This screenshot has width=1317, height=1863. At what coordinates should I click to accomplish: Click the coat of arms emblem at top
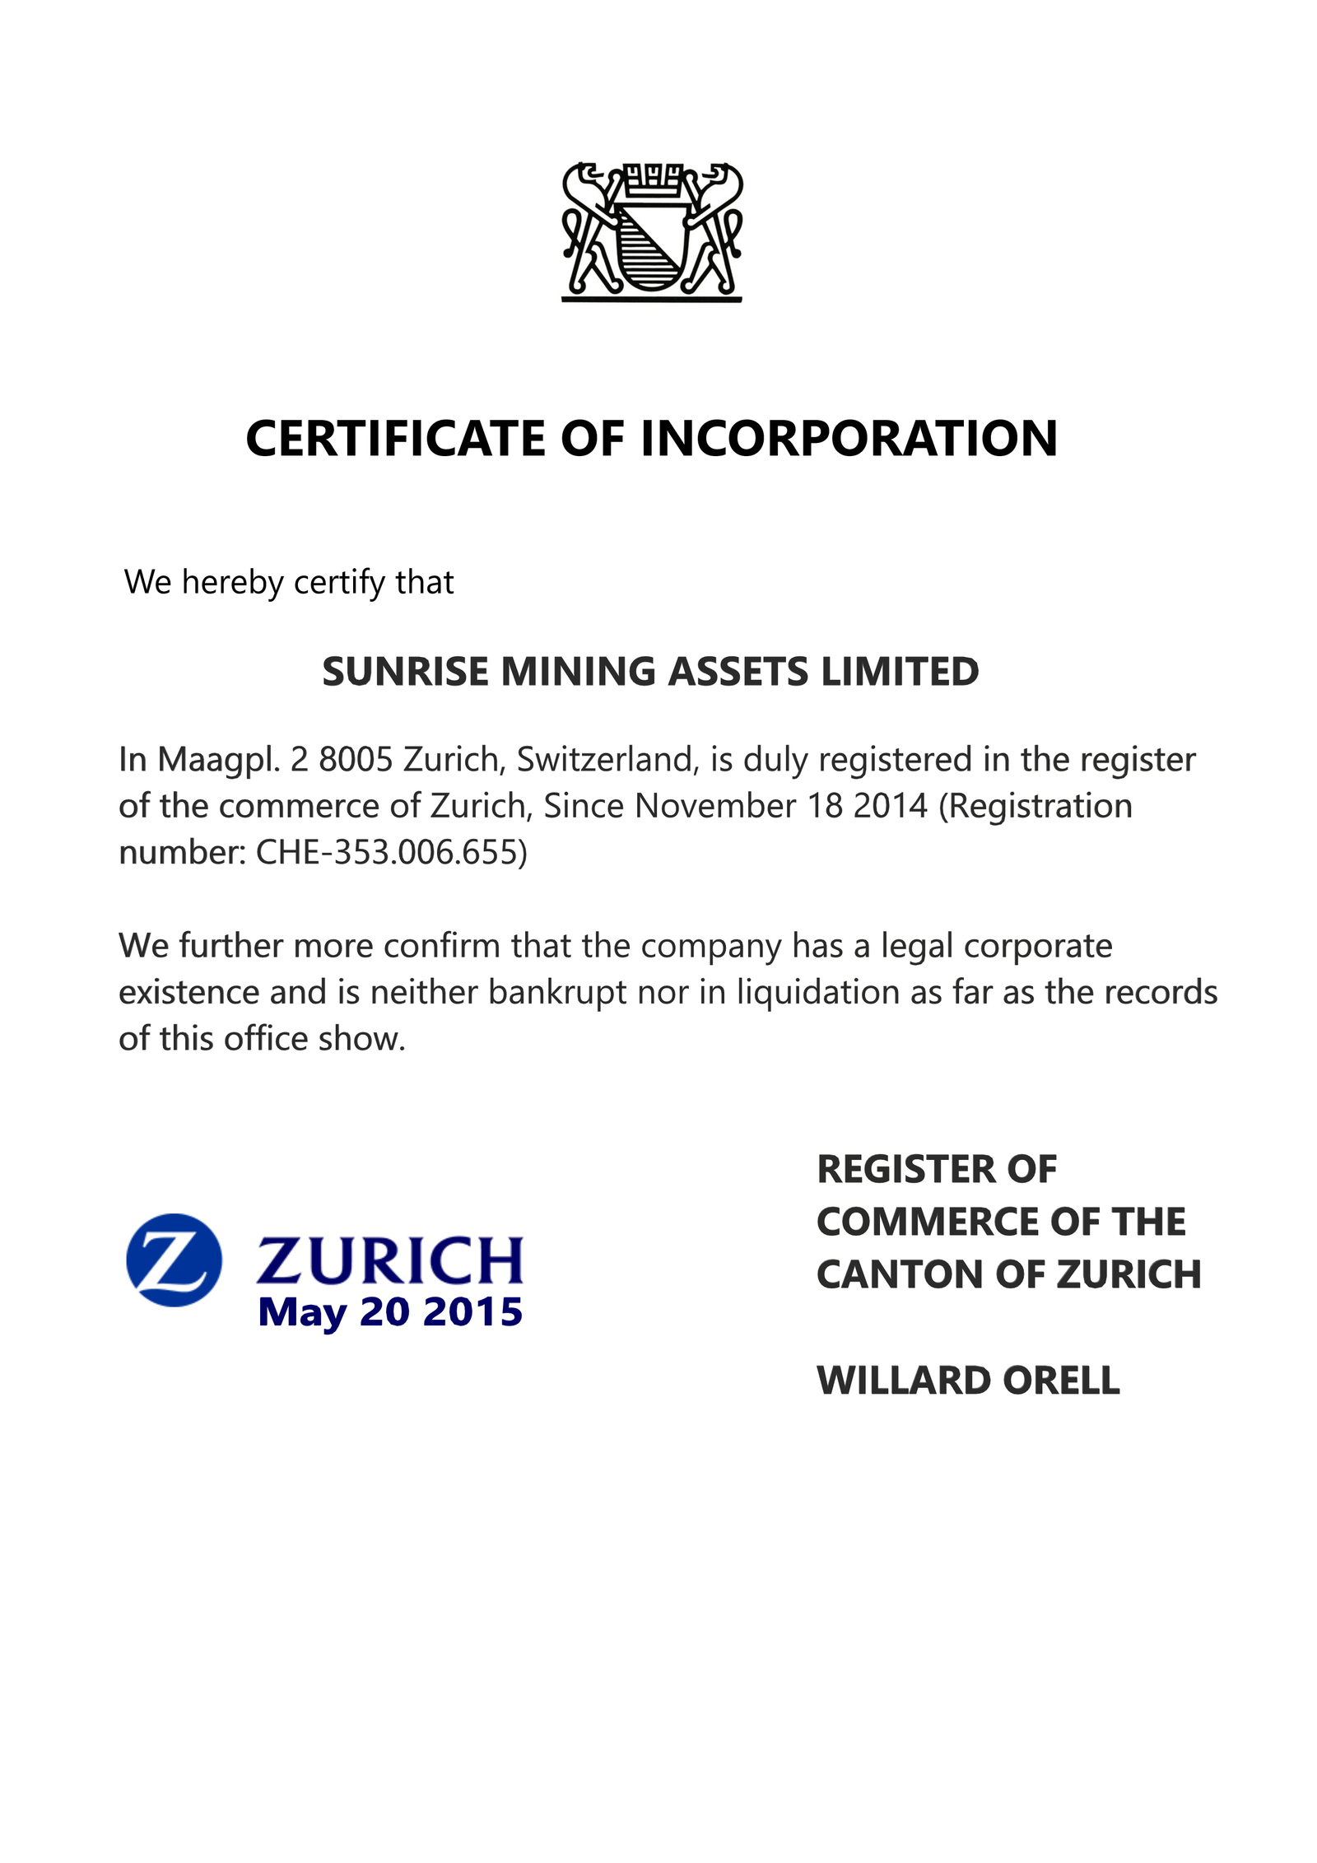[651, 231]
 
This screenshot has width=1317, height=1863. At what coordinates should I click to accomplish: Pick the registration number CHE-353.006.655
[392, 852]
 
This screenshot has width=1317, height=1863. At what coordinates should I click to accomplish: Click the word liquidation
[817, 992]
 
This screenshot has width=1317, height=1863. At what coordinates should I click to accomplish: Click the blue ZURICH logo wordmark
[390, 1260]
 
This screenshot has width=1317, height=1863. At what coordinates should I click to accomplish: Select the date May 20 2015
[390, 1311]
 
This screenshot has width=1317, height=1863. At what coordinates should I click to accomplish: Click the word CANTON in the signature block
[900, 1274]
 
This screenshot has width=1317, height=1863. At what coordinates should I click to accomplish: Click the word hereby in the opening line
[232, 583]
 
